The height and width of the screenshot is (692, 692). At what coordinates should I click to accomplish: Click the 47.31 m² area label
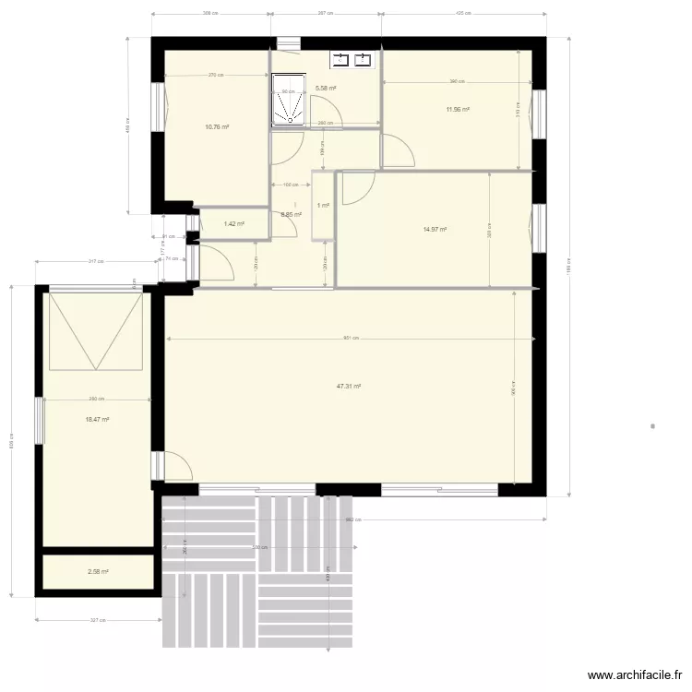348,387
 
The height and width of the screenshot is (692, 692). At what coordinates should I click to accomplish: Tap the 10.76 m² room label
217,127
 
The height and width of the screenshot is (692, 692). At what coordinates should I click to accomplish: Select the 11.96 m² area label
458,109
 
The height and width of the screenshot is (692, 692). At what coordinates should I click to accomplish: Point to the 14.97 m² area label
435,230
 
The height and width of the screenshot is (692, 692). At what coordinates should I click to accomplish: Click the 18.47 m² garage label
97,419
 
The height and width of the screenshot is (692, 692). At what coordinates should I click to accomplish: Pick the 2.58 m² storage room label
98,572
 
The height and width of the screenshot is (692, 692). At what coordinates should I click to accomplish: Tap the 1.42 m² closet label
234,223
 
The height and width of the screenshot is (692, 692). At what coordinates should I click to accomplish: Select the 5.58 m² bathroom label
326,89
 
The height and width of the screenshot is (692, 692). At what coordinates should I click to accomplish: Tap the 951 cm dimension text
350,338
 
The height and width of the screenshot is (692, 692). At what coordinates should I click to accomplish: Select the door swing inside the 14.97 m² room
356,189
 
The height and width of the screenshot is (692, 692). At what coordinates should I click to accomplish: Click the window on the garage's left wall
39,420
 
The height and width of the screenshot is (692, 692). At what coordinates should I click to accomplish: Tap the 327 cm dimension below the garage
96,620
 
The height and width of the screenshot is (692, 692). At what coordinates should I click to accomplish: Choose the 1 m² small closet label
323,206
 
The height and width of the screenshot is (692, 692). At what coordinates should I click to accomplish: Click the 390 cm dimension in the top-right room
456,82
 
